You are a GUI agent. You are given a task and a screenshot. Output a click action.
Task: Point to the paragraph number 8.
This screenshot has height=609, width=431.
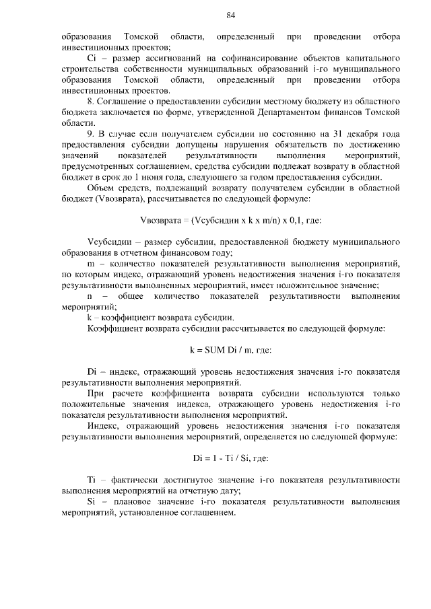point(91,101)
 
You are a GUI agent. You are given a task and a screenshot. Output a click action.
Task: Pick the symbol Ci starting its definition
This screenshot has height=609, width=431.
point(93,58)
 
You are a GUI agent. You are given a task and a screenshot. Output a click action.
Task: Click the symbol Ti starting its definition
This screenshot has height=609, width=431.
point(92,481)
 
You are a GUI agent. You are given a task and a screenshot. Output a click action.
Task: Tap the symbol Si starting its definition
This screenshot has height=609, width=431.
point(92,503)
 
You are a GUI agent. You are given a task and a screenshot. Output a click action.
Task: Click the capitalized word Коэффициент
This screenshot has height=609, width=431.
point(118,328)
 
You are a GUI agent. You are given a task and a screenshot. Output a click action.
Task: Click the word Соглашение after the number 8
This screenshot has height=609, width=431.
point(126,101)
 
